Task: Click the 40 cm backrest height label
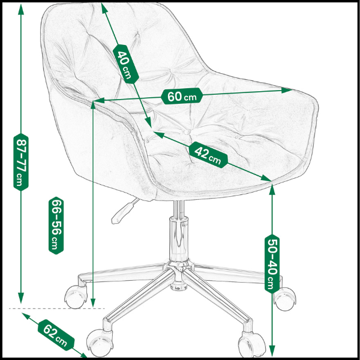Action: [126, 64]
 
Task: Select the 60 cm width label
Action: [182, 96]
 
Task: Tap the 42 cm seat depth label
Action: [208, 155]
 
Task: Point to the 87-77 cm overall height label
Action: [21, 162]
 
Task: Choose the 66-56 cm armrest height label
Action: [56, 226]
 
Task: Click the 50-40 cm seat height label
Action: [272, 264]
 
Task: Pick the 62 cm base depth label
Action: [56, 335]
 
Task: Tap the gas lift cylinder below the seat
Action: [178, 236]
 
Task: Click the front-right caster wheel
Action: [251, 346]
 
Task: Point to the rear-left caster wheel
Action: [76, 296]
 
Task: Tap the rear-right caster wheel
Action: [285, 299]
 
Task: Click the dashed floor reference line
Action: [57, 308]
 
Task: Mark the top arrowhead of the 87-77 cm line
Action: [21, 9]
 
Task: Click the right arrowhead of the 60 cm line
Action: [287, 90]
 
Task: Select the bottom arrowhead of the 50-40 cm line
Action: [272, 352]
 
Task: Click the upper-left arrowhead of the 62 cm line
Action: [26, 316]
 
